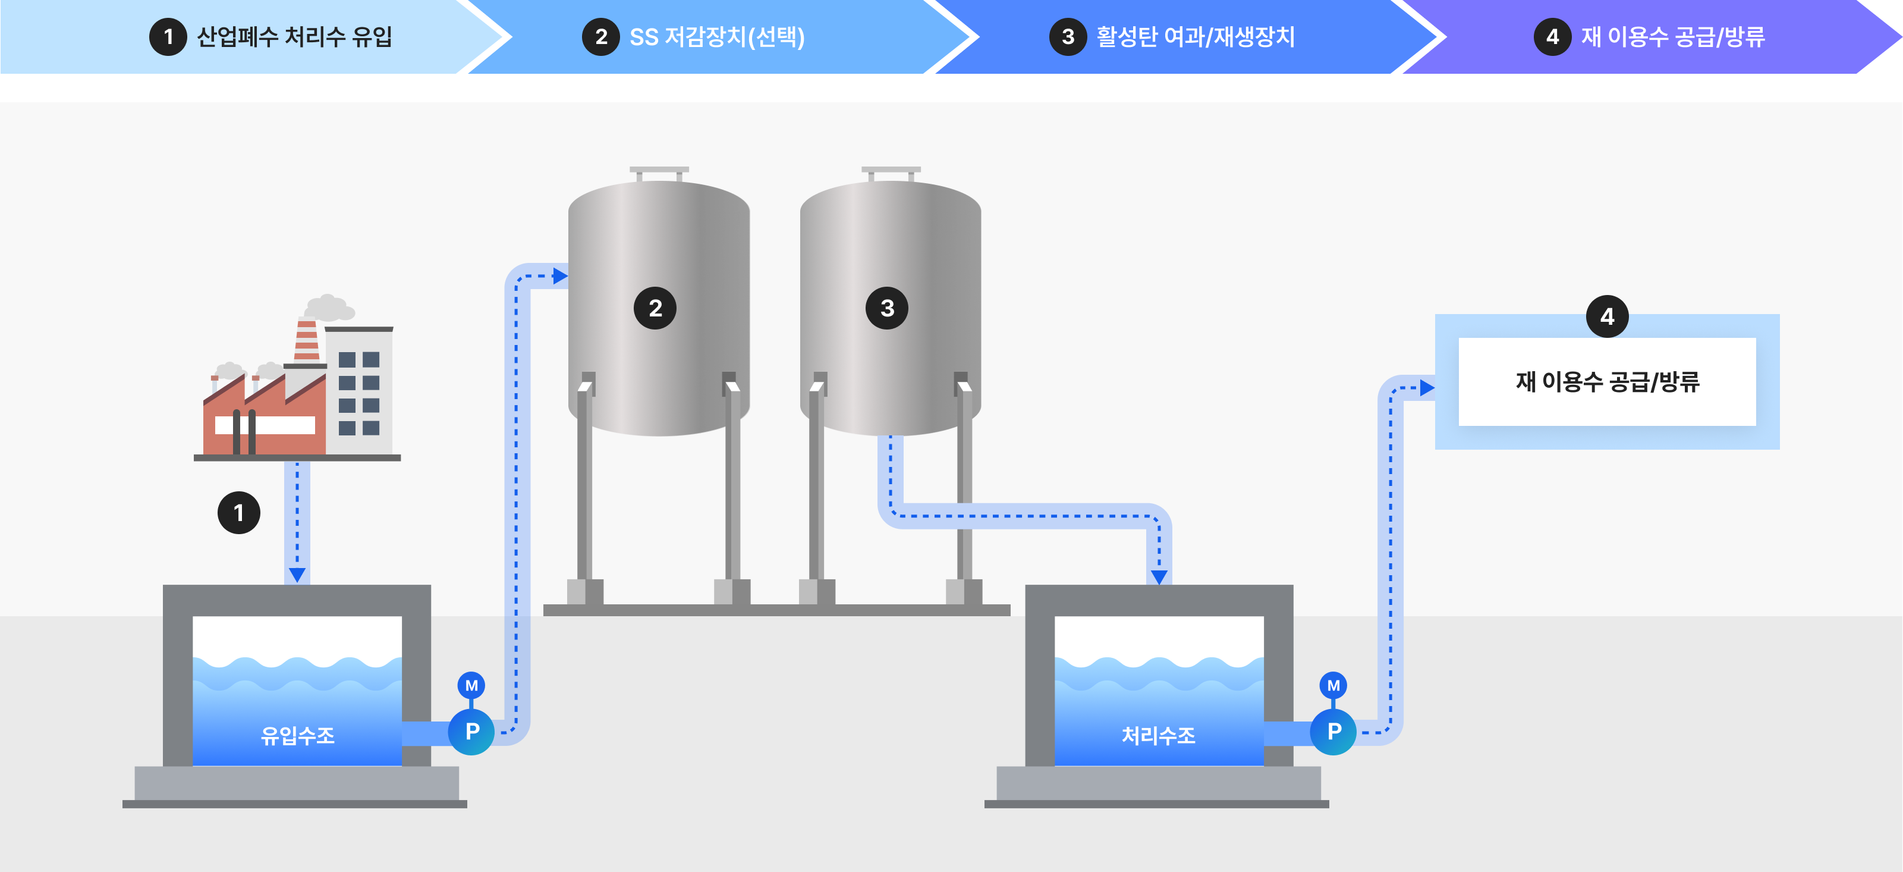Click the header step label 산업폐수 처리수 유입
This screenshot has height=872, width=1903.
(x=294, y=37)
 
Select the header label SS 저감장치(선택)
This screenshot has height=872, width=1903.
(x=716, y=37)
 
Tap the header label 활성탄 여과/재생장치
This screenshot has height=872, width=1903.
(x=1194, y=37)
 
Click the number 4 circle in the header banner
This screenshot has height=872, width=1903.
(x=1552, y=37)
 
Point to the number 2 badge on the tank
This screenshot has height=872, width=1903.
(x=655, y=308)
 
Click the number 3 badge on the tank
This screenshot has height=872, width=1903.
(x=886, y=308)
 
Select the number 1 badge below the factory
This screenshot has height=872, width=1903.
(x=238, y=513)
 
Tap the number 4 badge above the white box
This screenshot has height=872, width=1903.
(x=1607, y=317)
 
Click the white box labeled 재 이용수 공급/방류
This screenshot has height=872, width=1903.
(x=1607, y=381)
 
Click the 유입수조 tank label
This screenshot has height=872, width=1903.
(x=298, y=735)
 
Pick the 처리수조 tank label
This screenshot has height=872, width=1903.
(x=1158, y=735)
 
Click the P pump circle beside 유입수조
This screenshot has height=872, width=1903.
(x=472, y=732)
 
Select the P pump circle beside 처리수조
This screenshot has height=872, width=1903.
(x=1333, y=732)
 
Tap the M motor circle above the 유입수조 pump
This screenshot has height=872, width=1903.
(x=471, y=686)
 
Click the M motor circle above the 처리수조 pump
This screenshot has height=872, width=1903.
(x=1333, y=686)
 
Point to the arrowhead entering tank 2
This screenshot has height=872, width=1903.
(x=560, y=277)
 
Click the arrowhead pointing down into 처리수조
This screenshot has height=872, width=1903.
(x=1159, y=576)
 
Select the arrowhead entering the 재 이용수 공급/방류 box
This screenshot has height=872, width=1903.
(x=1427, y=388)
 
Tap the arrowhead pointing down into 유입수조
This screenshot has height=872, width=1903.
(x=297, y=574)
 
